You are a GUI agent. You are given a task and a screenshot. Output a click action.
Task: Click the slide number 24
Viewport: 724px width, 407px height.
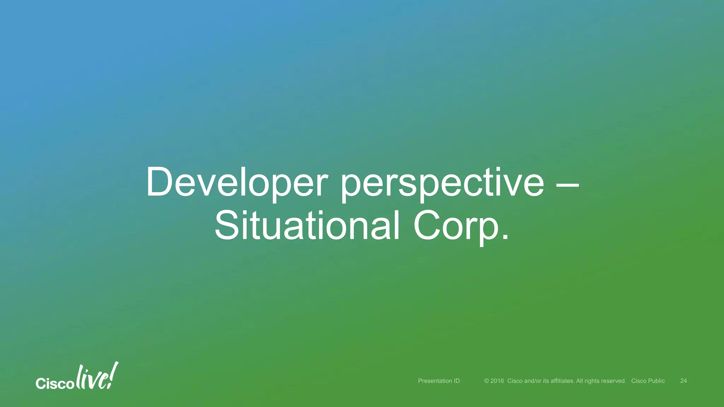click(683, 381)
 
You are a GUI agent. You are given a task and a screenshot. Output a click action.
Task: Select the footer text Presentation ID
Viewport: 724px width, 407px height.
click(439, 381)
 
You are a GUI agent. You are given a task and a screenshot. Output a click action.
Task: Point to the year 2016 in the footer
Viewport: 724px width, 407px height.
click(497, 381)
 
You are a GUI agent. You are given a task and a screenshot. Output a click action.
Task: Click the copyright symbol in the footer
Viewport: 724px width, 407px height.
click(486, 381)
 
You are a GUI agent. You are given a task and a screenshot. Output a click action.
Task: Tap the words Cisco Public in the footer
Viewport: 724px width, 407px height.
click(648, 381)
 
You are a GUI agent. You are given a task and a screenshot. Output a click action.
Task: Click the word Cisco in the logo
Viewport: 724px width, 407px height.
click(55, 384)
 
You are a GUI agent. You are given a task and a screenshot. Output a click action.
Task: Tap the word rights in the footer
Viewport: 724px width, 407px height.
click(591, 381)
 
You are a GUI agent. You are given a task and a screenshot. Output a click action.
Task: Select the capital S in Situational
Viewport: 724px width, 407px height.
click(227, 225)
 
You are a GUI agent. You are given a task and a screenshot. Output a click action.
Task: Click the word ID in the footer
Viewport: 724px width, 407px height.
click(456, 381)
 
